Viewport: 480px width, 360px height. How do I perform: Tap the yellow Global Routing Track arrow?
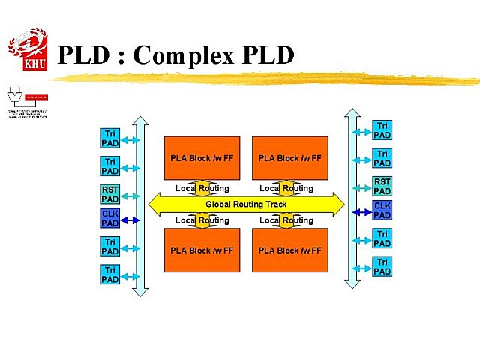pos(246,204)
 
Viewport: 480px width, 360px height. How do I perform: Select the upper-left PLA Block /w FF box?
pos(202,158)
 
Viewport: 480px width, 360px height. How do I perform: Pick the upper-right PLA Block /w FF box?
pos(289,158)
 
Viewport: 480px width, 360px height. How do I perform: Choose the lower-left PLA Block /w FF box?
pos(202,250)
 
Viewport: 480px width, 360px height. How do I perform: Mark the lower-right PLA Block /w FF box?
pos(289,250)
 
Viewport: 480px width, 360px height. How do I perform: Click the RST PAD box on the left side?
pos(109,194)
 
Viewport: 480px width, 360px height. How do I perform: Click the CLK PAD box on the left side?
pos(109,219)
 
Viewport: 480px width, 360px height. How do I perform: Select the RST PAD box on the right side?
pos(382,186)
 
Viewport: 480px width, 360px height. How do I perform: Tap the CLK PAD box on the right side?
pos(382,210)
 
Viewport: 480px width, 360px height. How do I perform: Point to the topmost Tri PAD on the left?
pos(109,138)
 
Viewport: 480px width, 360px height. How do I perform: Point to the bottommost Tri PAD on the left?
pos(109,274)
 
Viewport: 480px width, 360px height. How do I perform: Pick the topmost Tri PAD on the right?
pos(382,130)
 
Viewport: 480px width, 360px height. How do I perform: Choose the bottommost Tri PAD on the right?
pos(382,266)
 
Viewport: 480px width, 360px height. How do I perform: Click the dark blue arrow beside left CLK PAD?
pos(131,220)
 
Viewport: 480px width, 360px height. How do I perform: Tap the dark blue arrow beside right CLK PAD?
pos(361,211)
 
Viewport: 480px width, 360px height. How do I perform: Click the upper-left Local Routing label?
pos(202,188)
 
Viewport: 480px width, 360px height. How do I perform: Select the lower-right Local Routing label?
pos(286,220)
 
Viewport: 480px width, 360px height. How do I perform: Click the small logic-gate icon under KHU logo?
pos(13,95)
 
